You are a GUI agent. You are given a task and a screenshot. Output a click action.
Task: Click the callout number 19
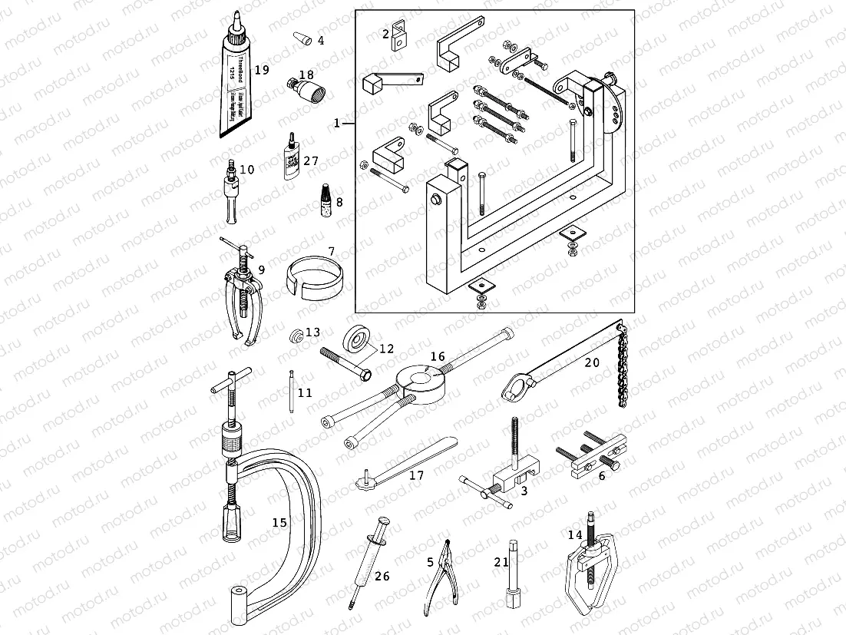coord(262,70)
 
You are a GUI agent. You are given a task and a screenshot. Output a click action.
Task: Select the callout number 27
coord(310,161)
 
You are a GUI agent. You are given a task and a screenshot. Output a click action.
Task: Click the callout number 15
coord(279,522)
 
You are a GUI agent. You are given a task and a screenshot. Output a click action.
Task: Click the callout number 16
coord(437,357)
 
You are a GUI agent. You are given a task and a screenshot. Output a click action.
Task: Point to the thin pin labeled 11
coord(292,392)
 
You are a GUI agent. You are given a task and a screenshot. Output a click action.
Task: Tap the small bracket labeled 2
coord(398,35)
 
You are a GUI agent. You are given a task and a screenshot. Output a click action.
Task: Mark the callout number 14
coord(575,535)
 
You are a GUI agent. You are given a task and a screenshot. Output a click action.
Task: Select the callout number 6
coord(602,476)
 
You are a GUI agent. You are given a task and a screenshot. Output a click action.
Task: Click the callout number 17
coord(416,476)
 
